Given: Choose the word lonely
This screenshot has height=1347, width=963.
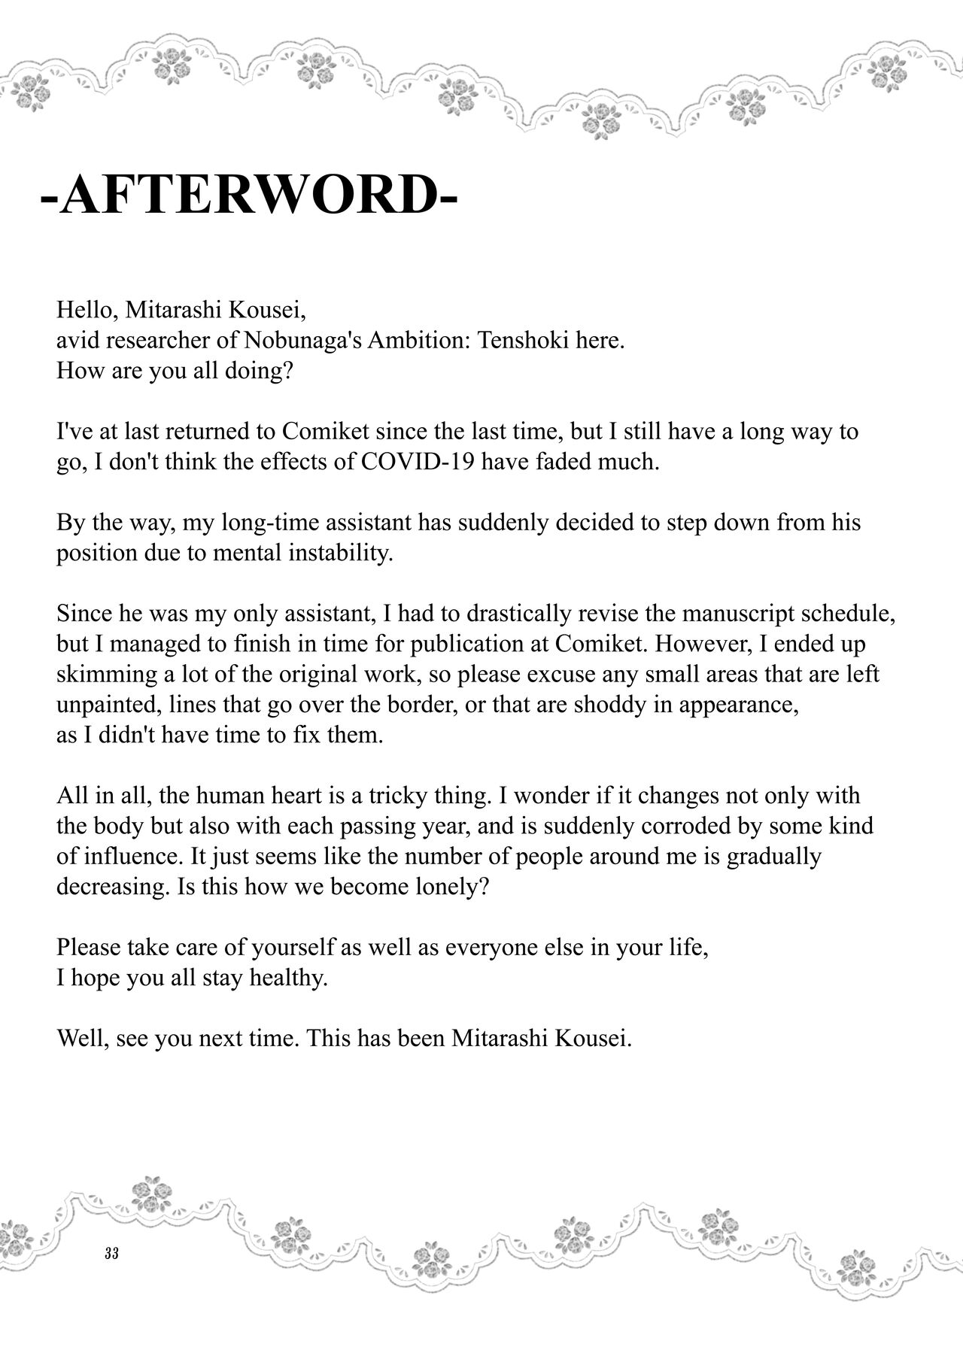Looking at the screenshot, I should (450, 887).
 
